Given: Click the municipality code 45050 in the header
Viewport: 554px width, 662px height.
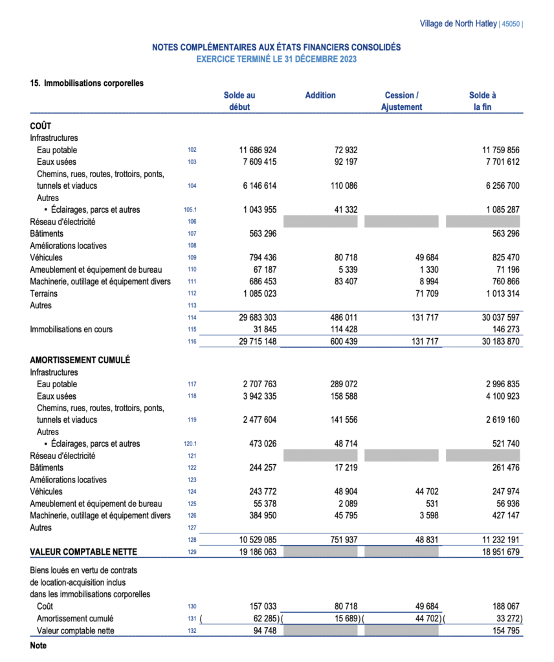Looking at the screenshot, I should (510, 24).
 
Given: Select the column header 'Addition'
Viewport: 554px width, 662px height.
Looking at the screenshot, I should (320, 95).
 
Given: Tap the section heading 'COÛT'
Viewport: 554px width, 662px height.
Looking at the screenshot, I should (41, 126).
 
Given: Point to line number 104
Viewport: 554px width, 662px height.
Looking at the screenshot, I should (192, 186).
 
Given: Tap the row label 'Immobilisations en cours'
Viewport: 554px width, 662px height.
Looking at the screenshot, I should (71, 329).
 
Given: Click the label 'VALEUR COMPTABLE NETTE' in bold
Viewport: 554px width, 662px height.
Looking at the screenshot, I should (84, 552).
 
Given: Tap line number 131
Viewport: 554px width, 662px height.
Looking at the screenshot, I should (192, 619).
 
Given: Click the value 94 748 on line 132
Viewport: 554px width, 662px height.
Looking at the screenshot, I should (263, 631).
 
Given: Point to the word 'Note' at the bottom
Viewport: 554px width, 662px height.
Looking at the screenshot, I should (38, 645).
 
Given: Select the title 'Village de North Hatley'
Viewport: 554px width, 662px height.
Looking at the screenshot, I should (458, 24).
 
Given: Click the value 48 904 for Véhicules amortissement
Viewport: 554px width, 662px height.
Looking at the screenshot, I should (344, 492).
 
